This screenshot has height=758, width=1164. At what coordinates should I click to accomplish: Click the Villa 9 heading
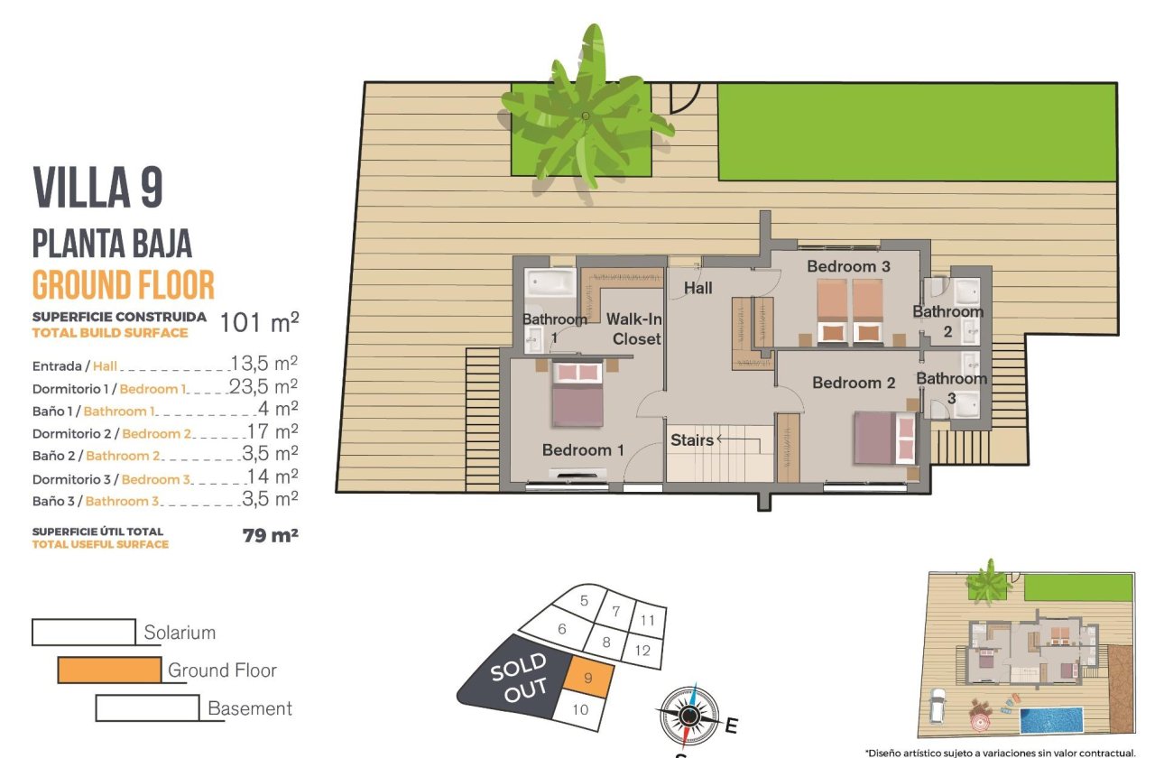pyautogui.click(x=97, y=189)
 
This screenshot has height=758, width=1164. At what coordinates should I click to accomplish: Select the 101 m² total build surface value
pyautogui.click(x=259, y=323)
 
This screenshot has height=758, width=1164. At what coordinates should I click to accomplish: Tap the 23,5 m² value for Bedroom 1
pyautogui.click(x=274, y=386)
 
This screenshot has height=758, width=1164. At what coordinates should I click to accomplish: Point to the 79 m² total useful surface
pyautogui.click(x=270, y=535)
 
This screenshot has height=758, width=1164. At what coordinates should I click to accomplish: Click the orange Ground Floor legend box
pyautogui.click(x=109, y=670)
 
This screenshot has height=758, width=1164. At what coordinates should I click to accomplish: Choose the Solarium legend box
pyautogui.click(x=83, y=632)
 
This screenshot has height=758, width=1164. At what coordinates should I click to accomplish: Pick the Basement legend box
pyautogui.click(x=146, y=708)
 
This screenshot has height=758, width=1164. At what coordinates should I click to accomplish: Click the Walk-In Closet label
pyautogui.click(x=633, y=328)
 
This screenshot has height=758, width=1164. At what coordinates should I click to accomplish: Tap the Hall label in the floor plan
pyautogui.click(x=697, y=288)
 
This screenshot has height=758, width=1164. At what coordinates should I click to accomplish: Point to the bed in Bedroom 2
pyautogui.click(x=885, y=438)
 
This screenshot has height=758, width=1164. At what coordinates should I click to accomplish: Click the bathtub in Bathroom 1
pyautogui.click(x=550, y=283)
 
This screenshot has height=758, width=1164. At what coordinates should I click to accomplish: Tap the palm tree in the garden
pyautogui.click(x=584, y=116)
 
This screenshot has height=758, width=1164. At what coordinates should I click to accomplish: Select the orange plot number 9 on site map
pyautogui.click(x=589, y=677)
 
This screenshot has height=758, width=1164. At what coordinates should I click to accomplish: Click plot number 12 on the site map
pyautogui.click(x=642, y=649)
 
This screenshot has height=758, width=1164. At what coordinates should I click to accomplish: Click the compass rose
pyautogui.click(x=688, y=716)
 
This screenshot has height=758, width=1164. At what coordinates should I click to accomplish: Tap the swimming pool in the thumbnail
pyautogui.click(x=1050, y=720)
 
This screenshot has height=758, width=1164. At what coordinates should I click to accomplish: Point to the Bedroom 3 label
pyautogui.click(x=847, y=266)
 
